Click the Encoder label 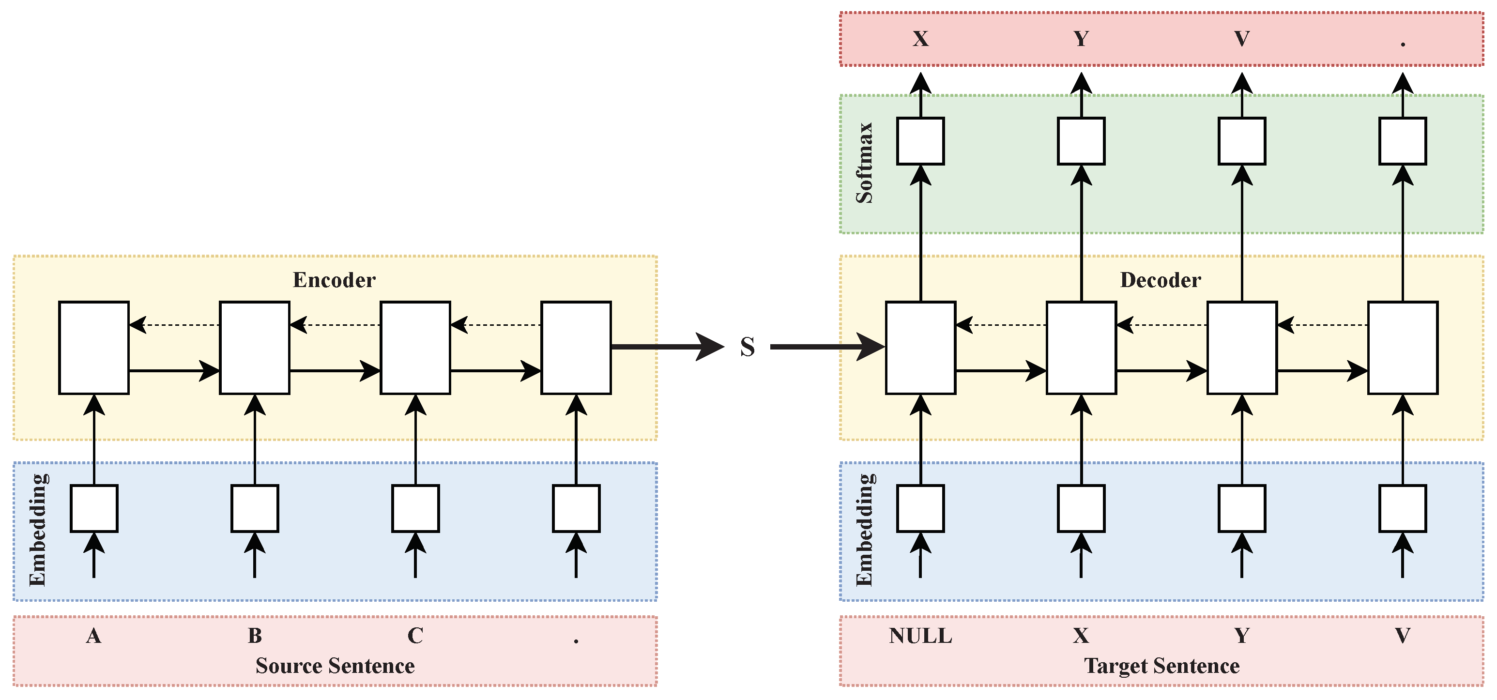(334, 280)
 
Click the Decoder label (1160, 280)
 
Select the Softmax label (865, 163)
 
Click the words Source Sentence (335, 666)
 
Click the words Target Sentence (1161, 666)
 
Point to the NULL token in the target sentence (920, 636)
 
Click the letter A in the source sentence (93, 636)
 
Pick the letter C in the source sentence (415, 636)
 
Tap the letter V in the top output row (1241, 39)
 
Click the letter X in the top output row (920, 39)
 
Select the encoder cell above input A (93, 348)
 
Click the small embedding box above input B (255, 508)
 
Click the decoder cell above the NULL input (920, 348)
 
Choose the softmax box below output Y (1081, 141)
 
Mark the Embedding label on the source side (38, 530)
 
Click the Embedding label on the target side (865, 530)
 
